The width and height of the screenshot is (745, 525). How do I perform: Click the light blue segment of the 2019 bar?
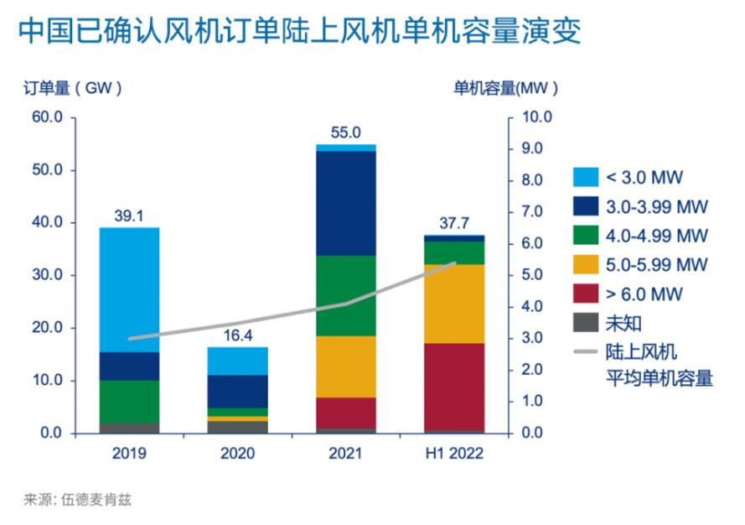tap(131, 289)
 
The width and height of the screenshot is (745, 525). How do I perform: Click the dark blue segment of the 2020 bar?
tap(239, 391)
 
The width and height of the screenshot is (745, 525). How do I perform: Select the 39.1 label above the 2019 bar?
tap(130, 216)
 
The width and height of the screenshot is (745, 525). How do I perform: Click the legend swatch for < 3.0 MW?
tap(584, 177)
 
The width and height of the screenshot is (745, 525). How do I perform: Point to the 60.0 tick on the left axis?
tap(48, 117)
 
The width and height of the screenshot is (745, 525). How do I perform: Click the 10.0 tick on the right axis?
tap(536, 117)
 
